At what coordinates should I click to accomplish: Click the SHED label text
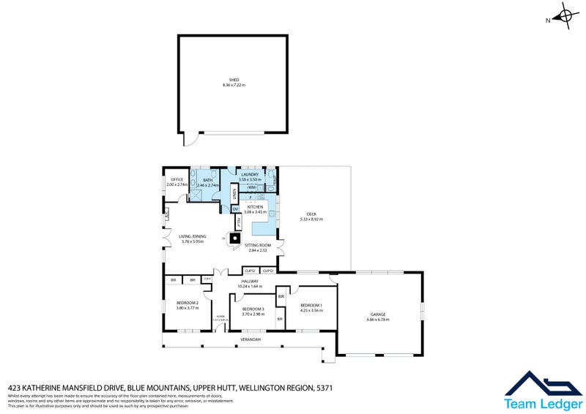234,80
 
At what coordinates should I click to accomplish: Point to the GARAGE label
377,315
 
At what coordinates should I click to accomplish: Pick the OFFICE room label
177,179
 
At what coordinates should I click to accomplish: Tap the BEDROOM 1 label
311,304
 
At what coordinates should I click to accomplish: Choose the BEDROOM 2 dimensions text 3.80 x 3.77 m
187,308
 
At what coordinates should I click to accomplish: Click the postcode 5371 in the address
324,388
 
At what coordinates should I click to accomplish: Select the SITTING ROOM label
259,245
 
